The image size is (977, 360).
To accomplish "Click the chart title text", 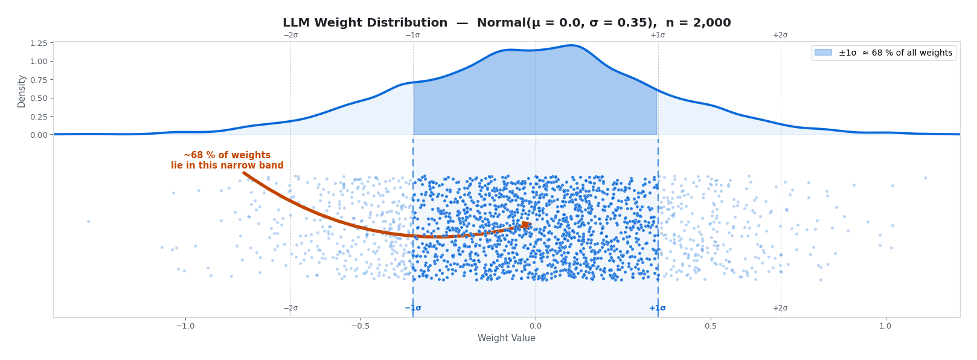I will pos(507,23).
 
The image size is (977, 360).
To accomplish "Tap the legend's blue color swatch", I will pos(824,53).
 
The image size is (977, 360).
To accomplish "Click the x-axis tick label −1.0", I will pos(185,326).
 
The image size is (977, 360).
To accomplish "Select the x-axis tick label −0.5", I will pos(360,326).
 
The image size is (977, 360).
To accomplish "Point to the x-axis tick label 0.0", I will pos(536,326).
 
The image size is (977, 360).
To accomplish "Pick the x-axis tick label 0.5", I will pos(711,326).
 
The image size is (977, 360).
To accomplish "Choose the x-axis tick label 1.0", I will pos(885,326).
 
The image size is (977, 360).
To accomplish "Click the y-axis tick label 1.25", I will pos(38,43).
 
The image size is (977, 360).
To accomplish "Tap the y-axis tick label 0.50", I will pos(38,98).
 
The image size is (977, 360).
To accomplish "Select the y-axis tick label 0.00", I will pos(38,135).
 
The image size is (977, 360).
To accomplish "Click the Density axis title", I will pos(22,91).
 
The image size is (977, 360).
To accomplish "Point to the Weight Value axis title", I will pos(506,338).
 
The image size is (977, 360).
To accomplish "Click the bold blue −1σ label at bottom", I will pos(413,308).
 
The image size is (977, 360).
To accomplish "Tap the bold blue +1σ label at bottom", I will pos(658,308).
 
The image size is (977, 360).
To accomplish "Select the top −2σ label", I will pos(290,35).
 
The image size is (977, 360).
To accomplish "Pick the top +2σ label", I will pos(780,35).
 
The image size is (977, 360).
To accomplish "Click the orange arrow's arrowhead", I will pos(527,225).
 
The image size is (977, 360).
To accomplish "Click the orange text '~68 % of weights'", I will pos(227,155).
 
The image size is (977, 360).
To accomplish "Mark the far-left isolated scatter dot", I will pos(88,221).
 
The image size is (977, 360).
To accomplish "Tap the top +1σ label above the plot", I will pos(658,35).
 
